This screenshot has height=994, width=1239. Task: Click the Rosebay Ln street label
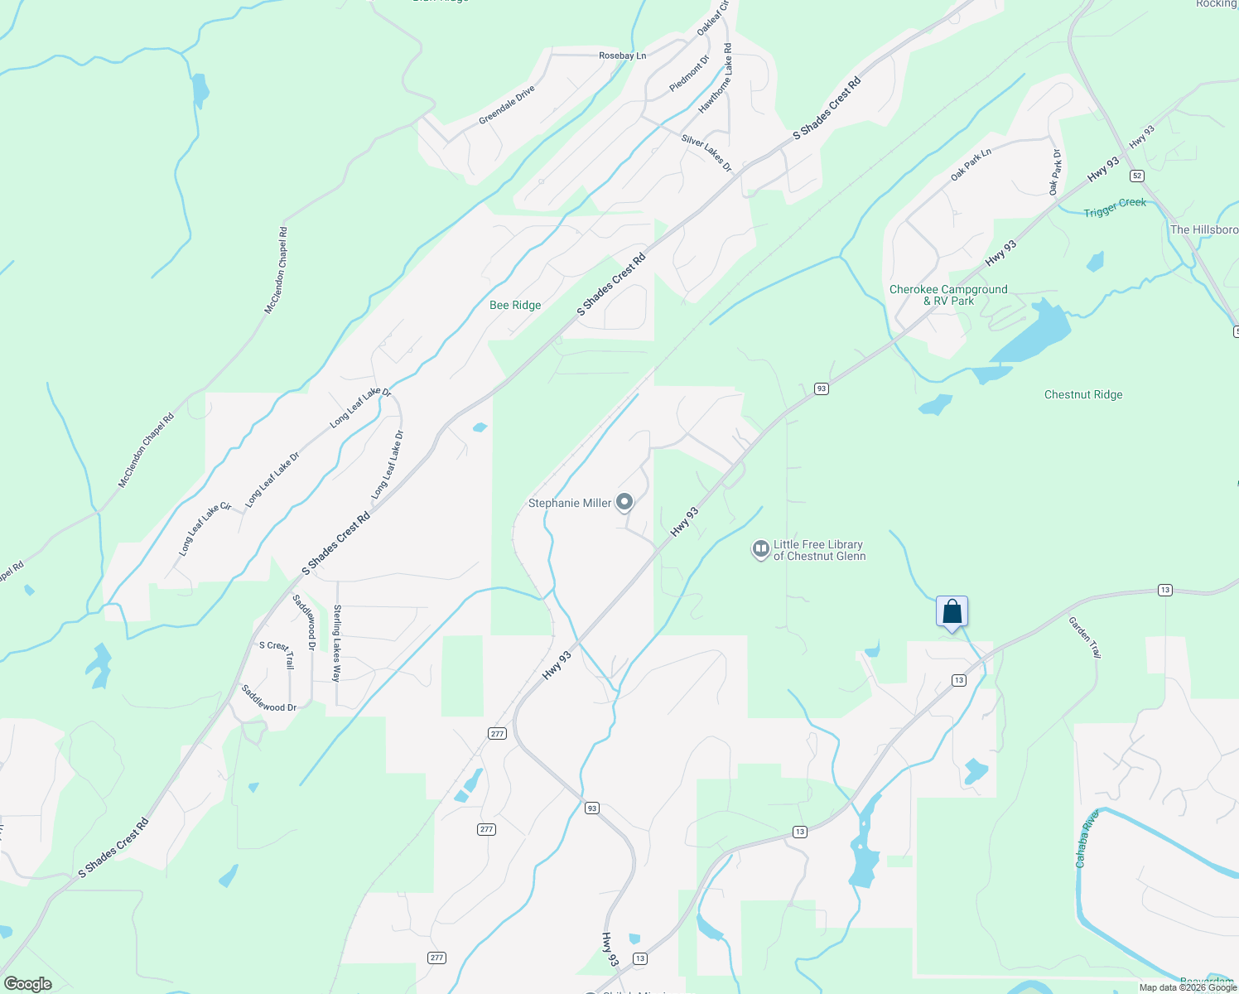click(x=622, y=55)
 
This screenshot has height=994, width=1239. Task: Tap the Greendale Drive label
click(x=507, y=105)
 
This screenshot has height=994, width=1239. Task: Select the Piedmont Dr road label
click(x=689, y=74)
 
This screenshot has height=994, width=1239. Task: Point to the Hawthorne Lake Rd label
click(x=716, y=79)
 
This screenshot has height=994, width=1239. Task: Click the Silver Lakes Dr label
click(x=706, y=153)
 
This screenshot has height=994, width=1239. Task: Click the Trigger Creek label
click(x=1115, y=207)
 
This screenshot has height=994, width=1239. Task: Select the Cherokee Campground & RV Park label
click(x=948, y=295)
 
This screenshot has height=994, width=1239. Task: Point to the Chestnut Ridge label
click(x=1083, y=394)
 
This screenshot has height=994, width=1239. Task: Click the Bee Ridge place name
click(x=515, y=305)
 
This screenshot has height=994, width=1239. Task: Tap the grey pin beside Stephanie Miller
click(x=625, y=502)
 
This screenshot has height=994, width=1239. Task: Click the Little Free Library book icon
click(x=760, y=549)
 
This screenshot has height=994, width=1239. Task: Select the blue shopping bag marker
click(x=952, y=612)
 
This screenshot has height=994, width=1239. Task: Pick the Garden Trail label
click(x=1084, y=637)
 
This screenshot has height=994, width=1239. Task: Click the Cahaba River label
click(x=1087, y=837)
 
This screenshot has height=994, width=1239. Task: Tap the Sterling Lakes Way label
click(x=337, y=643)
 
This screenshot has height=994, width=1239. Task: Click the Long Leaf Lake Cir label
click(x=205, y=528)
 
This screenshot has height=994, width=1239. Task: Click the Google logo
click(x=28, y=983)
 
